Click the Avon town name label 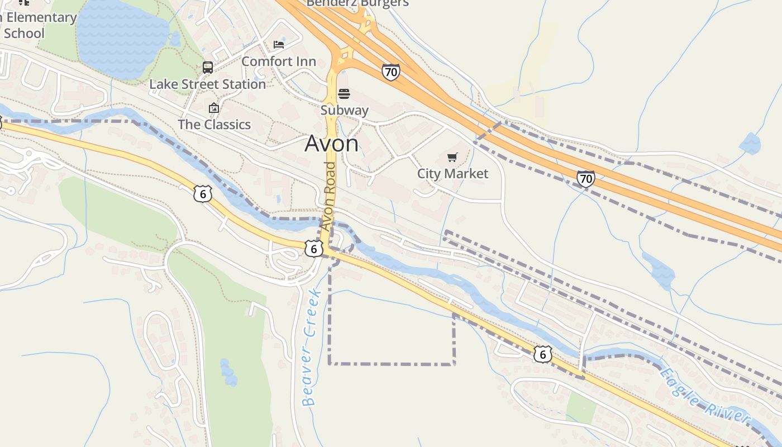tap(332, 144)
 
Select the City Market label tap(452, 174)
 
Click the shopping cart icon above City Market tap(452, 158)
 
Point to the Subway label tap(344, 110)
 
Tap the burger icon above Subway tap(344, 93)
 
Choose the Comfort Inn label tap(279, 61)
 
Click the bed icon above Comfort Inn tap(279, 45)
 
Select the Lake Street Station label tap(207, 84)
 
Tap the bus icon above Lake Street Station tap(208, 68)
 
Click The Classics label tap(214, 125)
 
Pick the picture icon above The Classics tap(213, 108)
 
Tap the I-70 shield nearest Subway tap(391, 72)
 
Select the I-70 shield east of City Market tap(585, 179)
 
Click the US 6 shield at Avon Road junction tap(314, 249)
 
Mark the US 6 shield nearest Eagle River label tap(542, 354)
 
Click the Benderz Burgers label tap(357, 3)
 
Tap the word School tap(24, 33)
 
